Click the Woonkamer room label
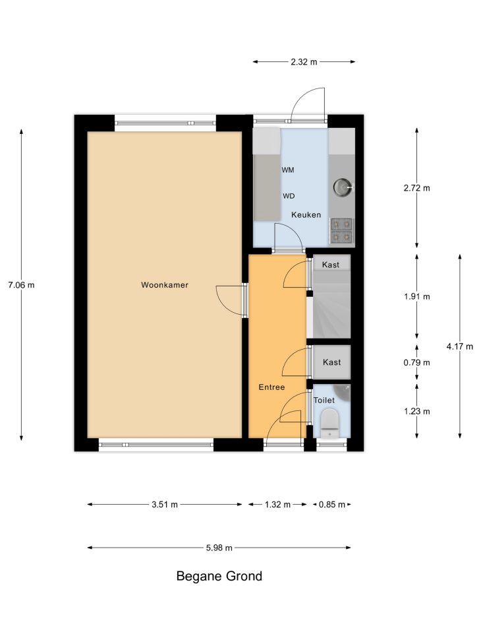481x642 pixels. click(x=165, y=285)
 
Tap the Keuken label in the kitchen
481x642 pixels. click(x=306, y=214)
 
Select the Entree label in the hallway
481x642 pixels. click(x=271, y=387)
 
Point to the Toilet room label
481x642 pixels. click(x=324, y=400)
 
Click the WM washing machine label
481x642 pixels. click(x=287, y=170)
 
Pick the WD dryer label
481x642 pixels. click(x=289, y=196)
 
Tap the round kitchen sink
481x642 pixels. click(x=342, y=187)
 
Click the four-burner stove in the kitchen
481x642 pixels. click(x=341, y=230)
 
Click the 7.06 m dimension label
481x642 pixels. click(x=21, y=285)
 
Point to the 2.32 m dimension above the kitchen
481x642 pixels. click(x=304, y=62)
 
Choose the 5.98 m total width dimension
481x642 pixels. click(x=219, y=548)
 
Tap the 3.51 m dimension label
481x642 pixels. click(x=165, y=504)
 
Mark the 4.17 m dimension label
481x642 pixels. click(x=460, y=346)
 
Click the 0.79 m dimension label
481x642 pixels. click(x=417, y=362)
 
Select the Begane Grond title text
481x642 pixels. click(x=219, y=576)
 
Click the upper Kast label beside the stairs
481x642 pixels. click(x=331, y=265)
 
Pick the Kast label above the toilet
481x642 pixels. click(x=331, y=362)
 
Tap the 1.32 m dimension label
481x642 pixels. click(x=277, y=504)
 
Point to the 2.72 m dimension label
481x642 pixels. click(x=417, y=188)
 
